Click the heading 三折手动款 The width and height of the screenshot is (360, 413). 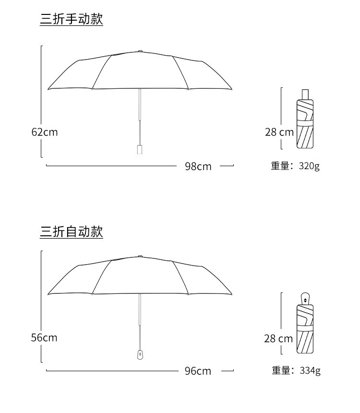click(72, 19)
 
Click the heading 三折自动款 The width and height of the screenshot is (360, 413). click(72, 232)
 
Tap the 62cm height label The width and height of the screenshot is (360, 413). click(44, 132)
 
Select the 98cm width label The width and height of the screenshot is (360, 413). click(198, 166)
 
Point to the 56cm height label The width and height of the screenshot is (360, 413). click(44, 338)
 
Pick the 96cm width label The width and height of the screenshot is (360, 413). click(198, 371)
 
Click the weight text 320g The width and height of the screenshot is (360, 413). click(309, 166)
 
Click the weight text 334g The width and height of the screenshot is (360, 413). click(310, 371)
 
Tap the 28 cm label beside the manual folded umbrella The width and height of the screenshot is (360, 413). click(279, 132)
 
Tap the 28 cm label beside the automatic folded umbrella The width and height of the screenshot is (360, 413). click(278, 339)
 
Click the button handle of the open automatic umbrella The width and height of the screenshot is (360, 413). click(140, 355)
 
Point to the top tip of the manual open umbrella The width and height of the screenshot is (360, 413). click(140, 51)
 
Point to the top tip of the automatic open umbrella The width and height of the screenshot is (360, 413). click(140, 256)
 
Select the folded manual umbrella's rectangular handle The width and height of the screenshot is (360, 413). click(305, 94)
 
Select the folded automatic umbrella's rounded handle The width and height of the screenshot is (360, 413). click(305, 298)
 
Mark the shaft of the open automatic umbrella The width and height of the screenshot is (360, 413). click(140, 322)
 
